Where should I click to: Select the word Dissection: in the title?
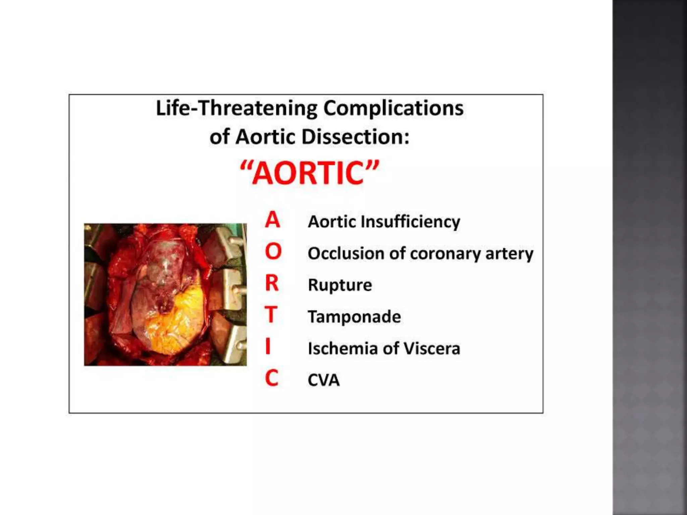pyautogui.click(x=355, y=137)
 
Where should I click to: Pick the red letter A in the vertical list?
pyautogui.click(x=272, y=220)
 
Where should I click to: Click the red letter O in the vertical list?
pyautogui.click(x=273, y=251)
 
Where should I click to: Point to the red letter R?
pyautogui.click(x=272, y=283)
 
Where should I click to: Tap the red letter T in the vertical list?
pyautogui.click(x=271, y=315)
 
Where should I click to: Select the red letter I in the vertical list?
pyautogui.click(x=268, y=346)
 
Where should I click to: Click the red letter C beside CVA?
pyautogui.click(x=272, y=378)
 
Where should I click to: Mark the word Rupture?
pyautogui.click(x=340, y=285)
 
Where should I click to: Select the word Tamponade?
pyautogui.click(x=354, y=317)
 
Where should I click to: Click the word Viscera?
pyautogui.click(x=432, y=348)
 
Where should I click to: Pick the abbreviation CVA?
pyautogui.click(x=324, y=380)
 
